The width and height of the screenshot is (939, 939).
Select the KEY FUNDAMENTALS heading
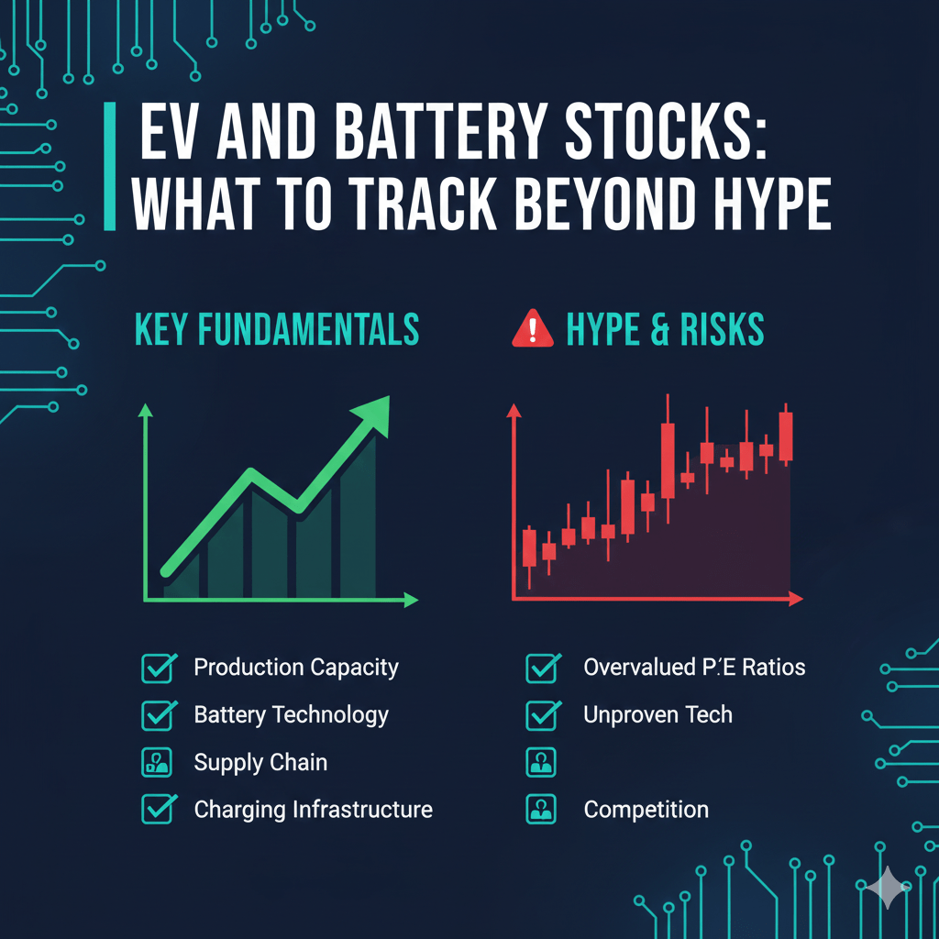(277, 331)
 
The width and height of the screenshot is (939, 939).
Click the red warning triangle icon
(532, 330)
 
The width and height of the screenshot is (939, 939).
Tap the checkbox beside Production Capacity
(160, 668)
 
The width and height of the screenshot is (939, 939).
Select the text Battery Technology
(291, 715)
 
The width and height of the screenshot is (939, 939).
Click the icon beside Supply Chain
(160, 763)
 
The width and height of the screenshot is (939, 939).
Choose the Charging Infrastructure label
(313, 811)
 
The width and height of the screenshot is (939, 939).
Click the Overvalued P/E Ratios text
(693, 668)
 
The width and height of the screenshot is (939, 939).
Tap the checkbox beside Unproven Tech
(542, 715)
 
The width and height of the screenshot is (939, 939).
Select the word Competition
(646, 811)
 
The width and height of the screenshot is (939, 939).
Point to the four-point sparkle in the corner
(887, 889)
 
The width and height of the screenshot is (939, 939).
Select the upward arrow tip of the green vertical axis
(145, 410)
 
